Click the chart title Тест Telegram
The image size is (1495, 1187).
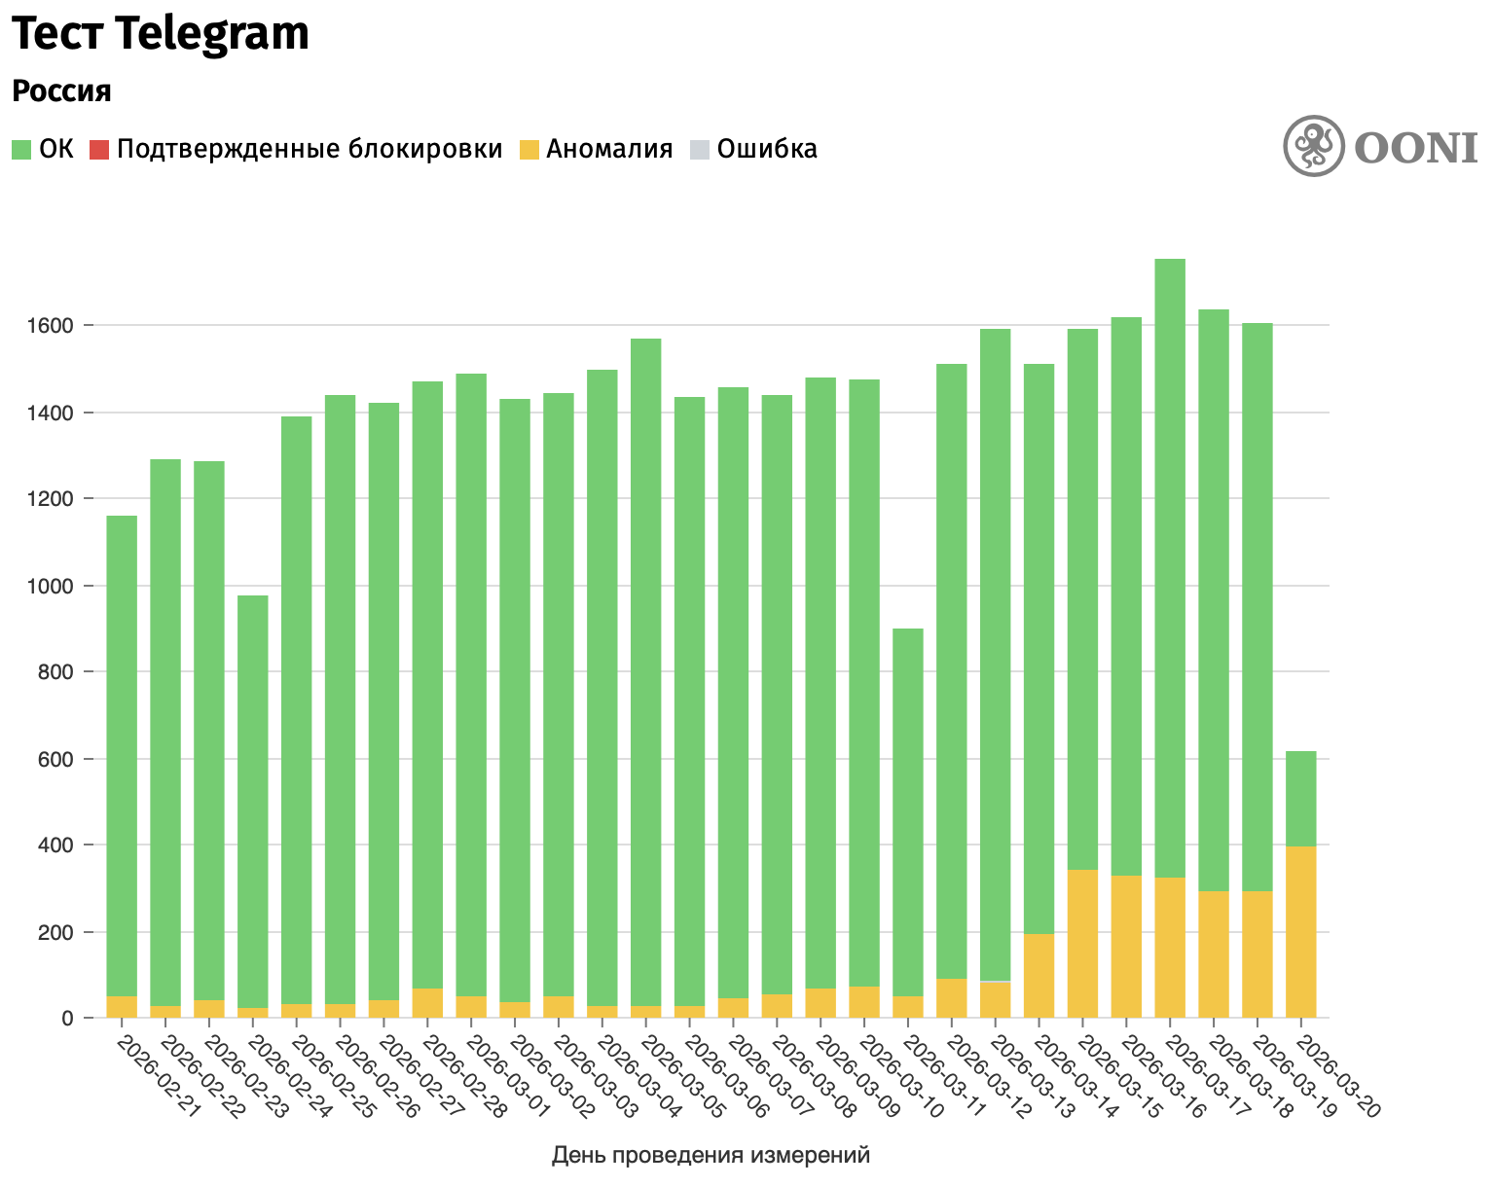click(161, 35)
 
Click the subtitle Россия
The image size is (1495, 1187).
click(61, 91)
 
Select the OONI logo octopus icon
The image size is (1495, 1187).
click(1314, 147)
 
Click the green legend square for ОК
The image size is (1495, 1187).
click(22, 150)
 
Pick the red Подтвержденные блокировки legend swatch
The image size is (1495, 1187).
click(98, 150)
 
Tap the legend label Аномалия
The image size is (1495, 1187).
click(609, 150)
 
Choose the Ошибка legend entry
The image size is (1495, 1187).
click(766, 150)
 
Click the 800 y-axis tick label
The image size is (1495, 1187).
click(55, 672)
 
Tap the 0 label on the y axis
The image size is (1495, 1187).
click(68, 1019)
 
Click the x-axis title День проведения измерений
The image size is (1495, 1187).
click(711, 1155)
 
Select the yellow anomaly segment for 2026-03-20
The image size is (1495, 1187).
click(1301, 932)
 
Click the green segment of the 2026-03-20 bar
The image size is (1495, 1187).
click(1301, 798)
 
